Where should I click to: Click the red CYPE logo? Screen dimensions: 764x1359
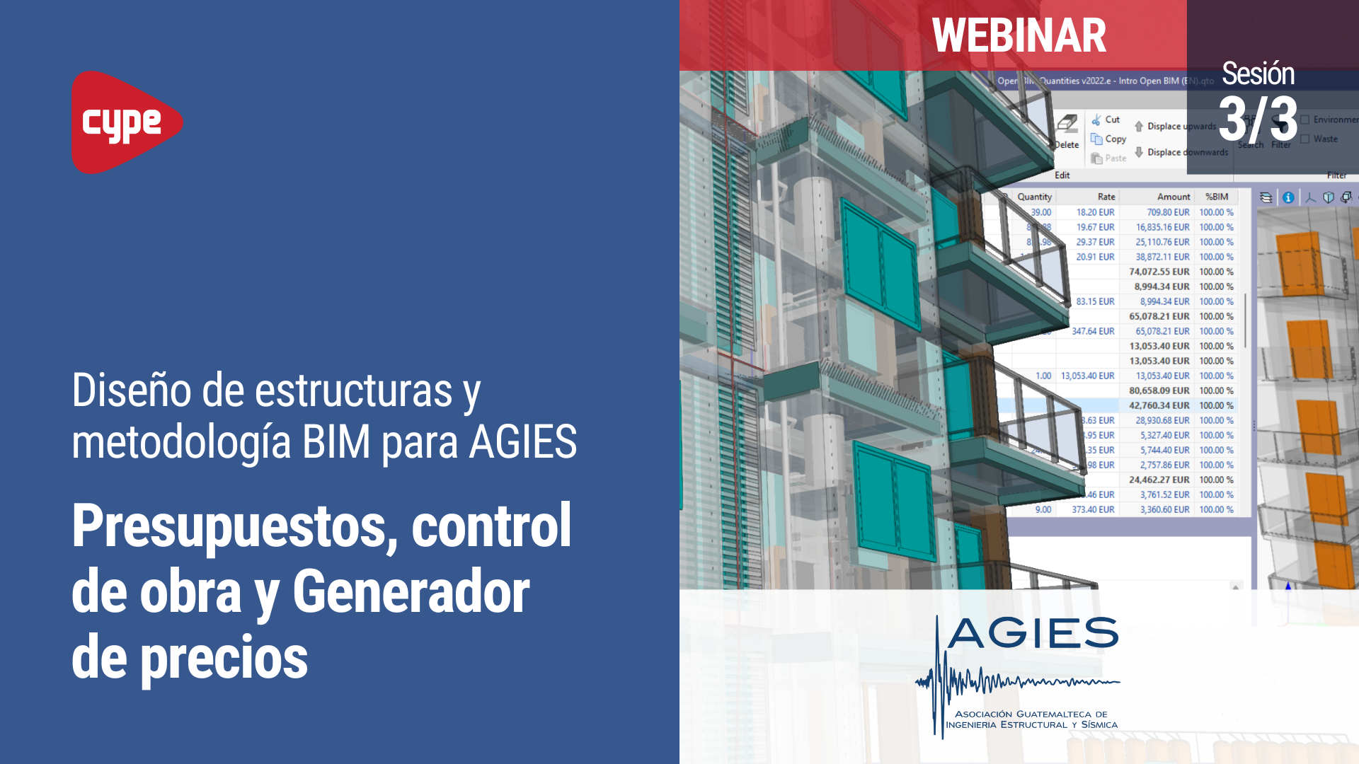coord(126,122)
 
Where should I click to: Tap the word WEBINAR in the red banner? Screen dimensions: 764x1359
coord(1019,35)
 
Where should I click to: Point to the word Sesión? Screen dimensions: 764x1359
coord(1258,74)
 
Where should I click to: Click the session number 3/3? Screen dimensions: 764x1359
coord(1258,119)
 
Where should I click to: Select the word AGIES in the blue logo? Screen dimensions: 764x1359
coord(1033,632)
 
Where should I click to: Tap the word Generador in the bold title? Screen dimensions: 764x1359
coord(411,592)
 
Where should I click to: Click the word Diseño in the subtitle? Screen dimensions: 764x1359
coord(131,390)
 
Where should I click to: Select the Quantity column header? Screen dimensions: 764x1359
coord(1034,197)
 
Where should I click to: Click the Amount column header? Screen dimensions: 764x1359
coord(1173,197)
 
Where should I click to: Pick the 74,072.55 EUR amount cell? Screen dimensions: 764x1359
coord(1159,272)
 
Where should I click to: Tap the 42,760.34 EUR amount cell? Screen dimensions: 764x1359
coord(1159,405)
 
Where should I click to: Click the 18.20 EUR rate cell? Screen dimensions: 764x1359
coord(1095,212)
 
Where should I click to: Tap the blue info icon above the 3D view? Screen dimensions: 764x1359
coord(1288,197)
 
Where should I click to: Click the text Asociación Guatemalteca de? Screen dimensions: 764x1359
coord(1031,714)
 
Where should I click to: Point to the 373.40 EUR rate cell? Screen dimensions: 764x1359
coord(1093,509)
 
